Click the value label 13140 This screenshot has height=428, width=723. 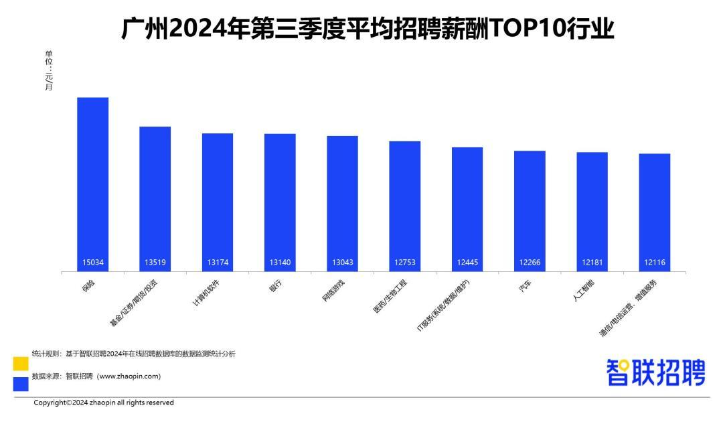click(280, 263)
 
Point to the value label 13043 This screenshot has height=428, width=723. click(342, 263)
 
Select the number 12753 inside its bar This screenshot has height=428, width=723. click(404, 263)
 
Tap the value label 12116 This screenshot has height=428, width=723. click(654, 263)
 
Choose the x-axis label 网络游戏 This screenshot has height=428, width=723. click(333, 289)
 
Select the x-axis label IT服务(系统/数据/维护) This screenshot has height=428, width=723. click(444, 305)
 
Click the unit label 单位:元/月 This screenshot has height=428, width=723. click(49, 70)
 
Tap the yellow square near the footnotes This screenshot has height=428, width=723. click(21, 364)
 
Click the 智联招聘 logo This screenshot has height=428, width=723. click(655, 372)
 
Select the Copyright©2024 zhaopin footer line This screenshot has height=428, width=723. click(104, 403)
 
